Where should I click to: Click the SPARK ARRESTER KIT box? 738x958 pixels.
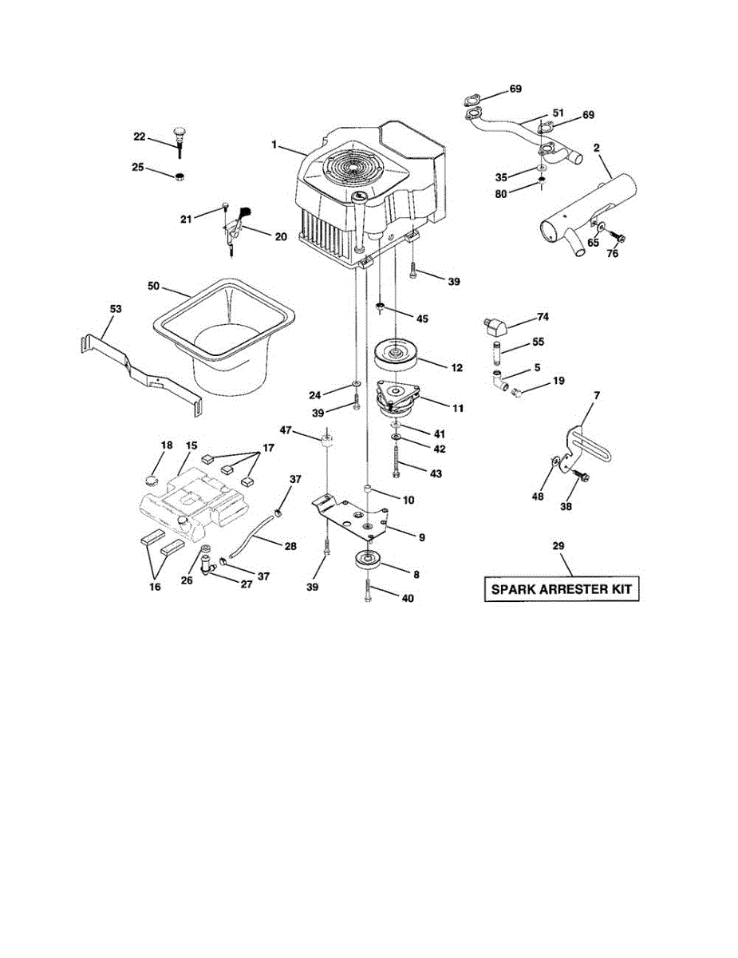point(562,590)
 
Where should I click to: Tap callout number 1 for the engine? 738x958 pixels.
point(273,144)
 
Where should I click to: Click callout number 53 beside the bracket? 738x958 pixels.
point(116,307)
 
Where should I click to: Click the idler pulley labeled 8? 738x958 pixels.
point(369,560)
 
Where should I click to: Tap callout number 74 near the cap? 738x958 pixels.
point(543,317)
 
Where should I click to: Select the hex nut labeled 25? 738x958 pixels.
point(180,176)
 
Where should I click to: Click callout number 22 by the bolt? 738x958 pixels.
point(139,137)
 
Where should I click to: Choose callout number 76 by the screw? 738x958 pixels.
point(612,255)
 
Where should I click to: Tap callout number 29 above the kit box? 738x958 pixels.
point(558,544)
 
